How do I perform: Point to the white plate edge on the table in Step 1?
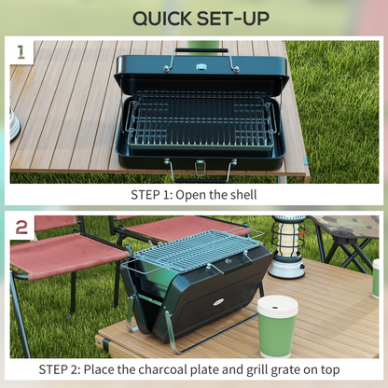click(x=15, y=127)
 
